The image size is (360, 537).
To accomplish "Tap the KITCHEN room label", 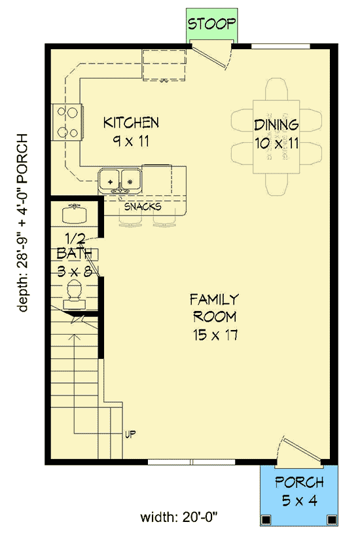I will click(132, 122).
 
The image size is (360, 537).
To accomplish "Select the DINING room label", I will click(276, 124).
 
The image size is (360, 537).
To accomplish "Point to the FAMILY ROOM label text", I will click(214, 308).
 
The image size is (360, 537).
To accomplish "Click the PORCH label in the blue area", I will click(299, 483).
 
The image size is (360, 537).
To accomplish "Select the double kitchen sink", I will click(121, 179).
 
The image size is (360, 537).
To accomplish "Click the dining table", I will click(276, 136).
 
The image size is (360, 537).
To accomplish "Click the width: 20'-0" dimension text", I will click(179, 517).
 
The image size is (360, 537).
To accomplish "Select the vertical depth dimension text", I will click(24, 223).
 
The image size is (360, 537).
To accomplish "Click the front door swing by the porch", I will click(295, 452).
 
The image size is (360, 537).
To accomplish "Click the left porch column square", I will click(266, 520).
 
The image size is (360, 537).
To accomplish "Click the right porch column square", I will click(333, 520).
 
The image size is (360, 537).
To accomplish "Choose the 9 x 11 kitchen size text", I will click(132, 139).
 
